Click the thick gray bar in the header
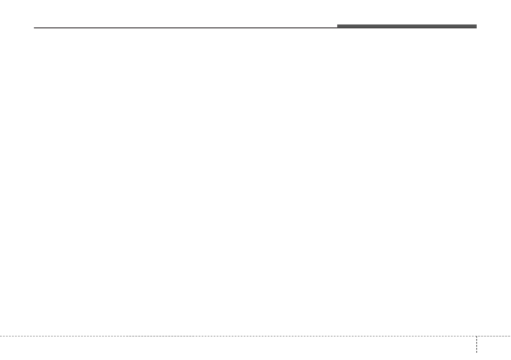pyautogui.click(x=406, y=26)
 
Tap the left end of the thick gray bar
pyautogui.click(x=338, y=26)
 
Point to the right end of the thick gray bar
pyautogui.click(x=476, y=26)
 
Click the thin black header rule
pyautogui.click(x=184, y=28)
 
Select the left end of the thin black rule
pyautogui.click(x=35, y=28)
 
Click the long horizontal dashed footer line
pyautogui.click(x=236, y=336)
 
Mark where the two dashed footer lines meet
pyautogui.click(x=476, y=336)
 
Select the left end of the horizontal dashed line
pyautogui.click(x=0, y=336)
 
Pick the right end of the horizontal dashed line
pyautogui.click(x=510, y=336)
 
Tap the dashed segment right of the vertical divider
pyautogui.click(x=494, y=336)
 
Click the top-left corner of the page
pyautogui.click(x=0, y=0)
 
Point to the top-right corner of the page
pyautogui.click(x=510, y=0)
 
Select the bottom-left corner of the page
pyautogui.click(x=0, y=359)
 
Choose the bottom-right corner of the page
pyautogui.click(x=510, y=359)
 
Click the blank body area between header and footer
pyautogui.click(x=255, y=180)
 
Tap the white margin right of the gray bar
pyautogui.click(x=494, y=26)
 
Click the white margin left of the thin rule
pyautogui.click(x=17, y=28)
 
